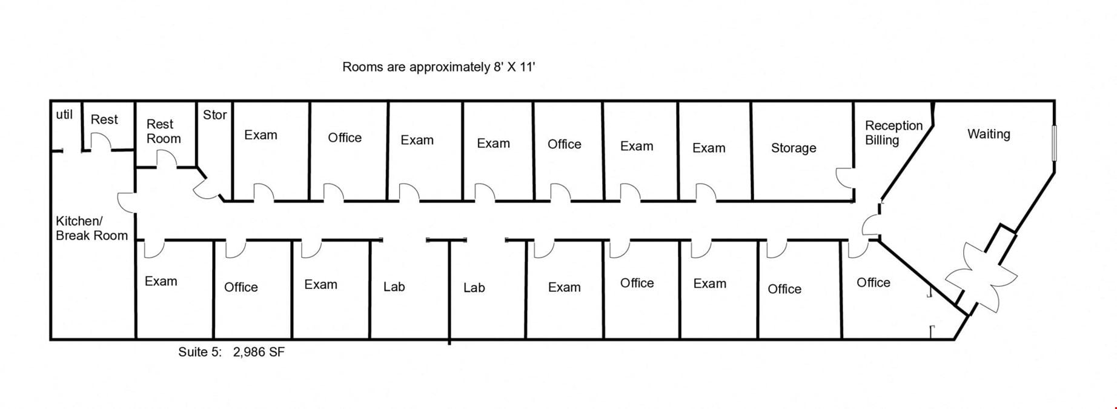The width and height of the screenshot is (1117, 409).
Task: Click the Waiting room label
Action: click(989, 134)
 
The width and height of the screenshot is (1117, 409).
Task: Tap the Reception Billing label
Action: click(893, 133)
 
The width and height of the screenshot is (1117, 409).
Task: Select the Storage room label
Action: click(794, 148)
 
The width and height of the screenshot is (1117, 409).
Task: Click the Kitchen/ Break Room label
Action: click(92, 228)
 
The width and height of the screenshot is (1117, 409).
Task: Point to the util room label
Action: click(64, 115)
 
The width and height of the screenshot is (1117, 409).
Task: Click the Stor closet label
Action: click(215, 115)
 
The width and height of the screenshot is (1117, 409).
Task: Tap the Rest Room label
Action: click(164, 131)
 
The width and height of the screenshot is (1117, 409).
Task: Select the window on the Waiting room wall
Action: click(1054, 143)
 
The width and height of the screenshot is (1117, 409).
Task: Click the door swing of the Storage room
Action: click(844, 178)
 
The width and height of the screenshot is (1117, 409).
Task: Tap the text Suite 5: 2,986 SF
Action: click(231, 352)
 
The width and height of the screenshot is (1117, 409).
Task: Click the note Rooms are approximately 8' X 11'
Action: click(439, 67)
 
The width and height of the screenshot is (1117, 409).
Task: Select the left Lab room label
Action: click(394, 287)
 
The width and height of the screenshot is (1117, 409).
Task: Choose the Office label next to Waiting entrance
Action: click(873, 282)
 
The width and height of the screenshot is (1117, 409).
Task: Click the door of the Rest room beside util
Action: click(100, 141)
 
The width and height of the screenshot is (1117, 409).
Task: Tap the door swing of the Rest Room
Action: click(167, 159)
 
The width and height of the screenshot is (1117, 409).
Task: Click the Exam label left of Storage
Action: click(709, 148)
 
